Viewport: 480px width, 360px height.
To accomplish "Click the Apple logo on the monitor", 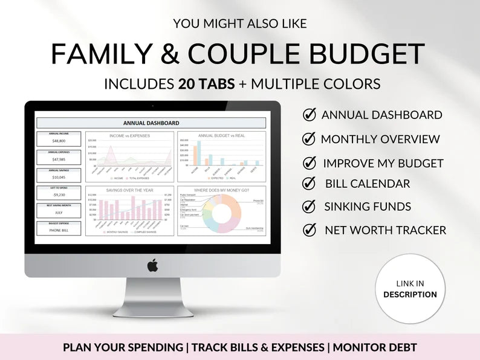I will tap(152, 265).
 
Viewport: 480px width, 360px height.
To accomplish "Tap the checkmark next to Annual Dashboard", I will tap(309, 115).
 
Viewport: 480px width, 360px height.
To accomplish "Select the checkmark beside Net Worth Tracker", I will tap(310, 230).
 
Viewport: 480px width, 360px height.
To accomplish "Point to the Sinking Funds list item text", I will tap(368, 207).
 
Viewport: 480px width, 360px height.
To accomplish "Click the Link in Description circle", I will tap(410, 289).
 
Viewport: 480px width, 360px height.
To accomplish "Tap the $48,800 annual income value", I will tap(59, 140).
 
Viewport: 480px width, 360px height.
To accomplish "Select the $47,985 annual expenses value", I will tap(59, 159).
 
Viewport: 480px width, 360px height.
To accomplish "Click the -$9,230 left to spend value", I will tap(59, 194).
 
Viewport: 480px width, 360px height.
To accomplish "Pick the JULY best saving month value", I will tap(59, 213).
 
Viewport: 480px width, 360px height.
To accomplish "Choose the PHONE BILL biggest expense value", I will tap(59, 231).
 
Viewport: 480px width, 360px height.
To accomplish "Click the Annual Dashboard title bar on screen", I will tap(151, 123).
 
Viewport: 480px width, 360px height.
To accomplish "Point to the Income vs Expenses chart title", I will tap(129, 136).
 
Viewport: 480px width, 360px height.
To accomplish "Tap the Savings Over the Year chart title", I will tap(129, 190).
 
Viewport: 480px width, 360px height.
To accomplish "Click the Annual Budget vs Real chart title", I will tap(221, 136).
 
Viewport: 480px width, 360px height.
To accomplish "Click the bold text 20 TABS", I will tap(207, 83).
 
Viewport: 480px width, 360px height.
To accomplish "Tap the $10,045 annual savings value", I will tap(59, 177).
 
